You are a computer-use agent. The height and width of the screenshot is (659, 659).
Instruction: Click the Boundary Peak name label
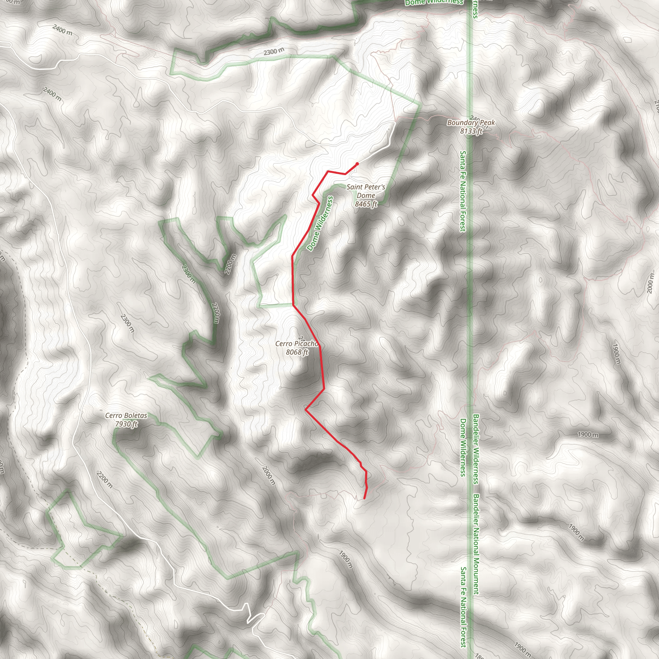(x=471, y=123)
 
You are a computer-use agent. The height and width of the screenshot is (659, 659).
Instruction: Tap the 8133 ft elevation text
(x=471, y=131)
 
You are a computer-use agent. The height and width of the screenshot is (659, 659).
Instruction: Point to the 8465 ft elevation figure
(x=366, y=204)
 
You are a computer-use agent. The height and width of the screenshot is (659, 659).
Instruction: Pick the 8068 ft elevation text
(x=297, y=352)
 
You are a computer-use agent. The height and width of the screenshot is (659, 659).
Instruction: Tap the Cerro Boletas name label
(x=126, y=415)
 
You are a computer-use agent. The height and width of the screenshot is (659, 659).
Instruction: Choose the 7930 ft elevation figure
(x=126, y=424)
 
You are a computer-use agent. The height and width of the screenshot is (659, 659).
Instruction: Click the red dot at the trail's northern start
(x=357, y=164)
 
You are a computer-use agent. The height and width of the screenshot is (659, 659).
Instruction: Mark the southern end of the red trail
(x=365, y=498)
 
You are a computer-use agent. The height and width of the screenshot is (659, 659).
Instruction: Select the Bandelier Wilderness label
(x=476, y=449)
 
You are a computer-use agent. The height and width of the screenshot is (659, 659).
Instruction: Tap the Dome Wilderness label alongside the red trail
(x=320, y=224)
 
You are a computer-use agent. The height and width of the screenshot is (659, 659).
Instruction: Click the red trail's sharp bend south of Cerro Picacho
(x=306, y=409)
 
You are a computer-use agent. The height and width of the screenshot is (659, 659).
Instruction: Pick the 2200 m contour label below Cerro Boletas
(x=104, y=479)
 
